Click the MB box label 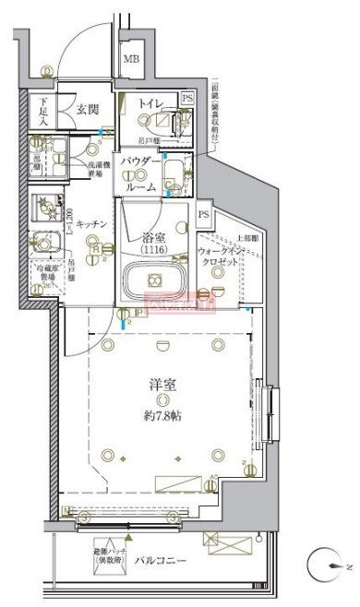coord(131,63)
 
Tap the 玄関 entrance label coord(87,110)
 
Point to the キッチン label coord(94,223)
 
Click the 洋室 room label coord(162,383)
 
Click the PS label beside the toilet coord(187,98)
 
